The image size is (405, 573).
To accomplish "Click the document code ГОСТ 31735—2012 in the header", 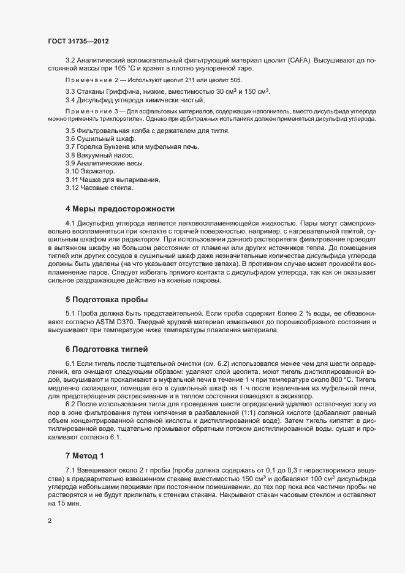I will coord(79,41).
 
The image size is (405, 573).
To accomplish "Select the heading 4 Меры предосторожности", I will coord(119,209).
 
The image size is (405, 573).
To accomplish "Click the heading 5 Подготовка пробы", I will coord(107,300).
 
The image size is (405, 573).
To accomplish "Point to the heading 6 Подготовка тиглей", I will coord(107,349).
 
